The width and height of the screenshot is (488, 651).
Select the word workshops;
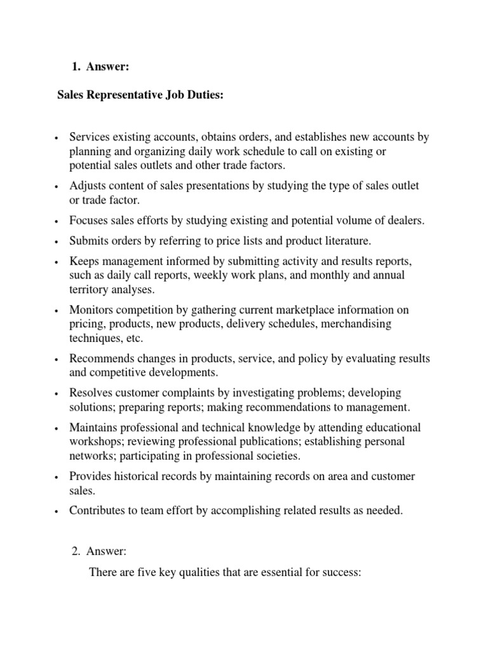coord(95,441)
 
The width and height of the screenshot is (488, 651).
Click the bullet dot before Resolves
coord(57,394)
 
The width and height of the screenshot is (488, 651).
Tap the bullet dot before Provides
coord(57,477)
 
